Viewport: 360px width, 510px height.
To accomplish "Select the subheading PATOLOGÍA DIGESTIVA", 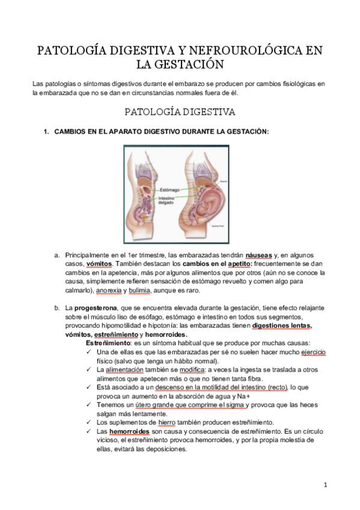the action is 179,112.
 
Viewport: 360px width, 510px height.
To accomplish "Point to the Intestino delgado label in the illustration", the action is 169,200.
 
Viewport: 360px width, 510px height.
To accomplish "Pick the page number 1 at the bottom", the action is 325,485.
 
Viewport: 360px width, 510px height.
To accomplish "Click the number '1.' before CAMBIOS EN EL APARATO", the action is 45,131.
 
